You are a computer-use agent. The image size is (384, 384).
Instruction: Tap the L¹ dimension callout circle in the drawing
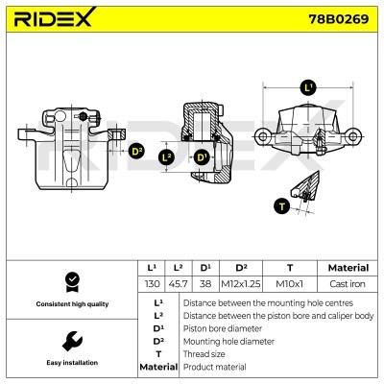(x=307, y=87)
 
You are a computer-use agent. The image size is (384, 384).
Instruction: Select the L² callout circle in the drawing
(x=167, y=157)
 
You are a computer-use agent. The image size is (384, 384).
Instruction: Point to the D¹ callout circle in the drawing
(x=202, y=157)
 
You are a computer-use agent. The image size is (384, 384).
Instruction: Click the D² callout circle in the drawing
(x=136, y=151)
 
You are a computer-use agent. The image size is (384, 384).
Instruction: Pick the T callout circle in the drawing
(x=280, y=204)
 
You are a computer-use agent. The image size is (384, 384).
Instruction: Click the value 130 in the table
(x=152, y=284)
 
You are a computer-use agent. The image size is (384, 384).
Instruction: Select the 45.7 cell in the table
(x=177, y=284)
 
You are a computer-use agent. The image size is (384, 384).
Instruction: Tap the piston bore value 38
(x=204, y=284)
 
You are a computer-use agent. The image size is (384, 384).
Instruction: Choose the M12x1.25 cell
(x=242, y=284)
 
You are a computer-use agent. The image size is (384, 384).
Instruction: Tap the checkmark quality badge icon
(x=70, y=280)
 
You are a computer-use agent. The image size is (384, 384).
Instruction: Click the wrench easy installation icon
(x=70, y=341)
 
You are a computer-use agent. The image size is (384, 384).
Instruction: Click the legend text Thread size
(x=204, y=353)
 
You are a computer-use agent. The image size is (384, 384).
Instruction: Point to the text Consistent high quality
(x=70, y=303)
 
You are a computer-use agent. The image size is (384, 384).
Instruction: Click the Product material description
(x=215, y=367)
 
